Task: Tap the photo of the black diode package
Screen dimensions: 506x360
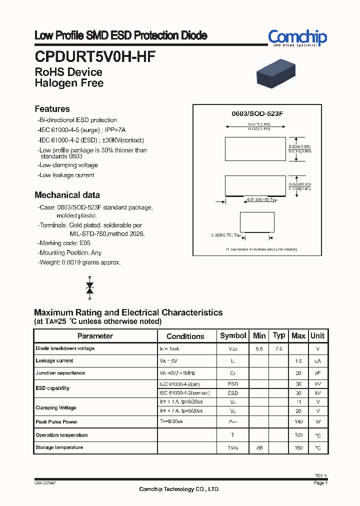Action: coord(276,73)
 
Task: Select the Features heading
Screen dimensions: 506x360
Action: coord(52,109)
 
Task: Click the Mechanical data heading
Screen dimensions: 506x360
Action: coord(67,195)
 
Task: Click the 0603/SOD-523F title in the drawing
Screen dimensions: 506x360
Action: coord(257,113)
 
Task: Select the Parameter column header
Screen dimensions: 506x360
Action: coord(95,336)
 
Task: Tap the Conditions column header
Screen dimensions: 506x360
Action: coord(185,336)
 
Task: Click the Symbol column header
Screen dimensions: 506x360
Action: coord(233,335)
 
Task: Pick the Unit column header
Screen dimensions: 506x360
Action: coord(317,335)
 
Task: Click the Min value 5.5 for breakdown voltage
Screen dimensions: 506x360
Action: coord(259,348)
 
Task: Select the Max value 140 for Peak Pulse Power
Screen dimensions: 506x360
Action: coord(298,422)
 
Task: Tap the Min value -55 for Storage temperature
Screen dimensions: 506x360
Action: coord(259,447)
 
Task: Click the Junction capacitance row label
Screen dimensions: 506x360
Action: coord(60,373)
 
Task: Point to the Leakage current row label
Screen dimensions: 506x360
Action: coord(54,360)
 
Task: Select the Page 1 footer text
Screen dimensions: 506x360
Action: coord(320,483)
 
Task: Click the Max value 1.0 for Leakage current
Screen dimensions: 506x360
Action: coord(298,361)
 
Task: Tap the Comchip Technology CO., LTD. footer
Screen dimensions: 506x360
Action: coord(179,489)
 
